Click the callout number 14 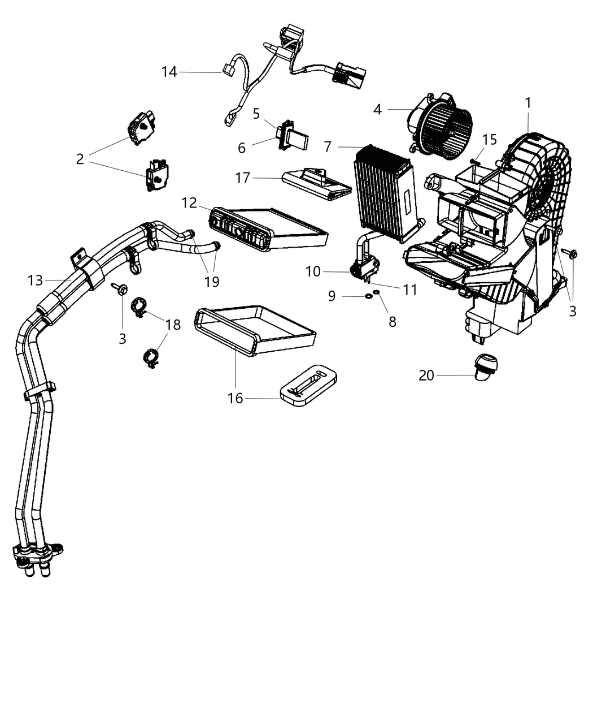(169, 72)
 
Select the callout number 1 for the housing (527, 103)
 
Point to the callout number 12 (189, 202)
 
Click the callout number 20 (426, 375)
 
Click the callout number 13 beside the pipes (35, 280)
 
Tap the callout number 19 (212, 282)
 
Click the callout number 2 (80, 159)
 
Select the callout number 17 (243, 178)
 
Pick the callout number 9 (332, 296)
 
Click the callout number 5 (256, 113)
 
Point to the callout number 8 (392, 321)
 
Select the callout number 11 (409, 290)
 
